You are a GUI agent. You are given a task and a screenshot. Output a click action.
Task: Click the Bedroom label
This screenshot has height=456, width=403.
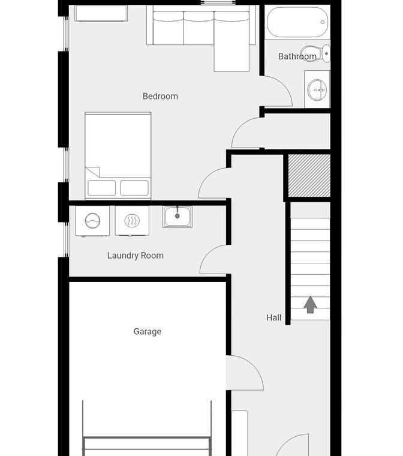pyautogui.click(x=160, y=96)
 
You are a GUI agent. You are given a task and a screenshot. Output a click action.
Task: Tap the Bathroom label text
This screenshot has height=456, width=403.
pyautogui.click(x=297, y=56)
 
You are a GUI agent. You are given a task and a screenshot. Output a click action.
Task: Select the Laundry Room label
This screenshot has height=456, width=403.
pyautogui.click(x=136, y=256)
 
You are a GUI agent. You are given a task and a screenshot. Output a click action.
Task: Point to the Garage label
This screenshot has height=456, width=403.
pyautogui.click(x=148, y=332)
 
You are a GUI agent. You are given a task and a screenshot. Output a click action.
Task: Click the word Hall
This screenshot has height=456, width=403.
pyautogui.click(x=273, y=317)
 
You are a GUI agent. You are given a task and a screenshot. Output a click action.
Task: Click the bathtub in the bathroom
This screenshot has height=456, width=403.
pyautogui.click(x=297, y=22)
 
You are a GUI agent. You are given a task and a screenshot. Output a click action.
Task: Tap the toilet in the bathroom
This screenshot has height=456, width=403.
pyautogui.click(x=316, y=53)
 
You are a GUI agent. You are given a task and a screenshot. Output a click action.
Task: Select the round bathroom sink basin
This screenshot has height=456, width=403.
pyautogui.click(x=317, y=90)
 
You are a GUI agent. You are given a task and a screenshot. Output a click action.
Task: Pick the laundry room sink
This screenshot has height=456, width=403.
pyautogui.click(x=178, y=217)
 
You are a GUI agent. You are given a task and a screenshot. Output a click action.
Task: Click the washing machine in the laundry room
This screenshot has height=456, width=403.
pyautogui.click(x=92, y=221)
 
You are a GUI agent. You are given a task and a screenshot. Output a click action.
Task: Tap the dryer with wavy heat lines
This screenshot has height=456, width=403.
pyautogui.click(x=132, y=221)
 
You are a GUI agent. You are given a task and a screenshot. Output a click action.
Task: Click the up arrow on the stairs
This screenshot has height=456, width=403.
pyautogui.click(x=310, y=304)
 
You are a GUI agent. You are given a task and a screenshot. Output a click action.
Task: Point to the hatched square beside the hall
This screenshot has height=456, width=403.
pyautogui.click(x=309, y=175)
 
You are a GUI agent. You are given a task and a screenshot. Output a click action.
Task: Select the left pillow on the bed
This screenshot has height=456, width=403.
pyautogui.click(x=102, y=188)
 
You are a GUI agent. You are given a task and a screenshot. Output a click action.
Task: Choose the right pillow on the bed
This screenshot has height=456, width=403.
pyautogui.click(x=134, y=188)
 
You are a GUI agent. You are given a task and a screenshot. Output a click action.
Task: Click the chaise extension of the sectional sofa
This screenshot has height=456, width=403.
pyautogui.click(x=231, y=57)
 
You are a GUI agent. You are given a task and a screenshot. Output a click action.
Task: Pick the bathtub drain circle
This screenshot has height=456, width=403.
pyautogui.click(x=323, y=22)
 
